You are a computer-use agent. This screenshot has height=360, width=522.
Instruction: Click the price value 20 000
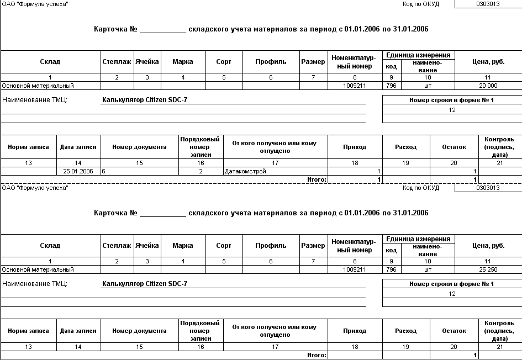pos(488,86)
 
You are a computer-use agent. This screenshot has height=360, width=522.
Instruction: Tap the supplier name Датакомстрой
pos(245,171)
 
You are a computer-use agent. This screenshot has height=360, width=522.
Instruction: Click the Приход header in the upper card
pos(355,147)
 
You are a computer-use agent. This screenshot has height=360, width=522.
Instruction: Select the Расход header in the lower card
pos(405,331)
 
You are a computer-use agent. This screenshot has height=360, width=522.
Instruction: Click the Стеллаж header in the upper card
pos(117,62)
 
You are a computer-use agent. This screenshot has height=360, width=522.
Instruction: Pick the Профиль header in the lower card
pos(271,246)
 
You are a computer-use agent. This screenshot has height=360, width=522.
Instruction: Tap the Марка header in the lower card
pos(182,246)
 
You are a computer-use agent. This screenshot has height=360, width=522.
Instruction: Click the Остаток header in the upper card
pos(454,147)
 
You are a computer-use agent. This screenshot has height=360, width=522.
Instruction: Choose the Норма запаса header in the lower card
pos(28,331)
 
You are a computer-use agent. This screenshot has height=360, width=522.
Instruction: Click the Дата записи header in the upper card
pos(78,147)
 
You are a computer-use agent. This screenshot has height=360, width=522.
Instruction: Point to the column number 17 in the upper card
pos(275,163)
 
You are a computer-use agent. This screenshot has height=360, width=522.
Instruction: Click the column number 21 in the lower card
pos(499,347)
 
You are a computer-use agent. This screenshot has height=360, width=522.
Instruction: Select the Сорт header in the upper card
pos(224,62)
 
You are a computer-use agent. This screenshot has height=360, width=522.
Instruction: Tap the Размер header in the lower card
pos(313,246)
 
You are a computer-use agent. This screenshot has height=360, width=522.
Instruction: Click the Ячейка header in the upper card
pos(147,62)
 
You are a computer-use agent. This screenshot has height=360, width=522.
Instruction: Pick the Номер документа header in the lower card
pos(139,331)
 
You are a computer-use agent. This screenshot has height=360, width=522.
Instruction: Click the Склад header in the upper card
pos(50,62)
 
